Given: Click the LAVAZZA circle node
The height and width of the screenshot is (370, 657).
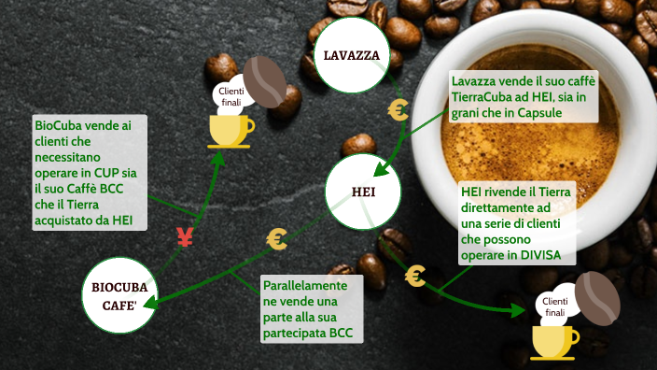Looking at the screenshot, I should [351, 55].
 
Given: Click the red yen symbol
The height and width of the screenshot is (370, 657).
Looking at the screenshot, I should [184, 237].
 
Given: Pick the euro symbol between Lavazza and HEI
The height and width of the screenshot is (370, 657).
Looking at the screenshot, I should [398, 110].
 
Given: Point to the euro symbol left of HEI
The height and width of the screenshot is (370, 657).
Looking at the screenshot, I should [277, 239].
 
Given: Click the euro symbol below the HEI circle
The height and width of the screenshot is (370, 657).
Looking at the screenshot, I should [416, 277].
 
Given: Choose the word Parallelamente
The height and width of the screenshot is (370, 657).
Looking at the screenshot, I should [305, 284].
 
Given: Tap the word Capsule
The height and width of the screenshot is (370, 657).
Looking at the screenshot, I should [548, 113].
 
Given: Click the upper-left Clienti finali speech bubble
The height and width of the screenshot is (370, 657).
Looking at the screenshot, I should [231, 94].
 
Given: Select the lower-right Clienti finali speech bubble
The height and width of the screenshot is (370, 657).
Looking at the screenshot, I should [554, 306].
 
